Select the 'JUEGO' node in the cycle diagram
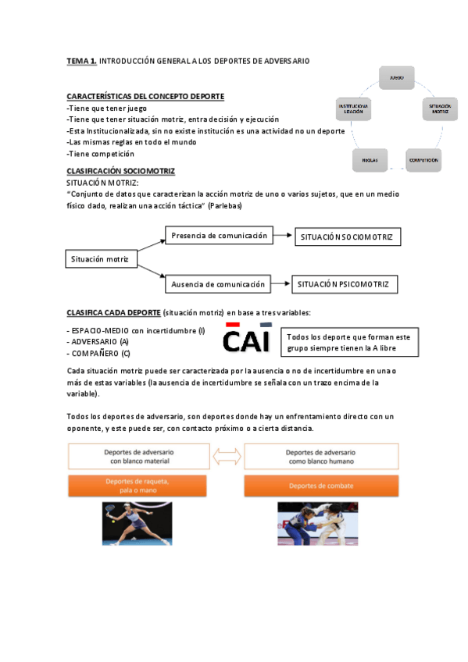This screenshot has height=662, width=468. pyautogui.click(x=396, y=78)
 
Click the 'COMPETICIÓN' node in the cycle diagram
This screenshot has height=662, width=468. pyautogui.click(x=423, y=160)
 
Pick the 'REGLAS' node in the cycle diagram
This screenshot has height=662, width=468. pyautogui.click(x=370, y=160)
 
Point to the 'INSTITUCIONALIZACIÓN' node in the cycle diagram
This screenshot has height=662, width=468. pyautogui.click(x=352, y=109)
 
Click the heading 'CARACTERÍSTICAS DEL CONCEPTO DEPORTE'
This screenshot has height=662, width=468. pyautogui.click(x=145, y=96)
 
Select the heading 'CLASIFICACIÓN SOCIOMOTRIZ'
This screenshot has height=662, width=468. pyautogui.click(x=120, y=171)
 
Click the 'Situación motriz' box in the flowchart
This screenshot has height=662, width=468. pyautogui.click(x=99, y=258)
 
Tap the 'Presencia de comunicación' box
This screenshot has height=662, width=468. pyautogui.click(x=219, y=235)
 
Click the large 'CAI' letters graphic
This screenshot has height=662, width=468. pyautogui.click(x=246, y=337)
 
